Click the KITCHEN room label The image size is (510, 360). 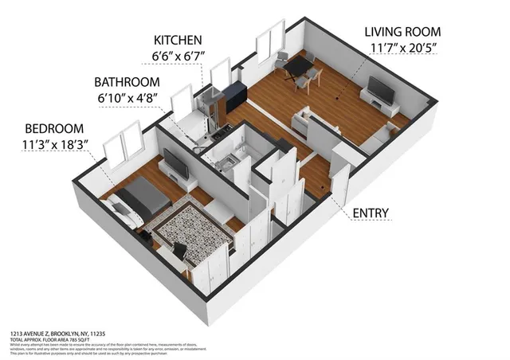click(x=179, y=39)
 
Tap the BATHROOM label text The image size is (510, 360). click(x=130, y=81)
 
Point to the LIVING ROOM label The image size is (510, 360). click(x=402, y=32)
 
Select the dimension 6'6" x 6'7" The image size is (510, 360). click(x=179, y=57)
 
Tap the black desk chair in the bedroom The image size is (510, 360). click(x=179, y=252)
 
